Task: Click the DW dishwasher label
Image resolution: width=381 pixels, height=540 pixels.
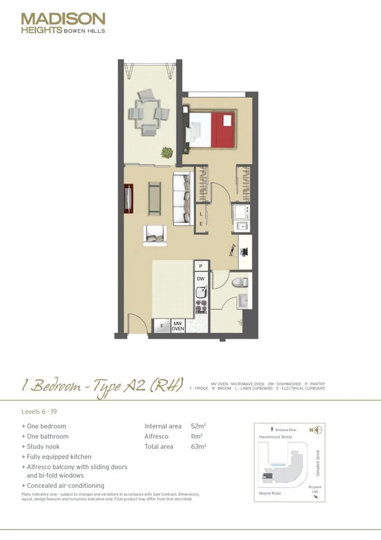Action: [200, 279]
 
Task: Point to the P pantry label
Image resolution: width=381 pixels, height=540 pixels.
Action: [200, 266]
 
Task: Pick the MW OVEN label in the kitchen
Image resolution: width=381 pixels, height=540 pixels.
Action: [177, 327]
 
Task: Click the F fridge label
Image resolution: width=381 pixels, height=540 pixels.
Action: [162, 327]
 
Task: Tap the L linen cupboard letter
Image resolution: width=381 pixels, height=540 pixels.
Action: [201, 215]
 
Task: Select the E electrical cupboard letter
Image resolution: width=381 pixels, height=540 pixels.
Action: [201, 224]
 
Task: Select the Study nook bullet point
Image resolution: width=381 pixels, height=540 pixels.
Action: [45, 446]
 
